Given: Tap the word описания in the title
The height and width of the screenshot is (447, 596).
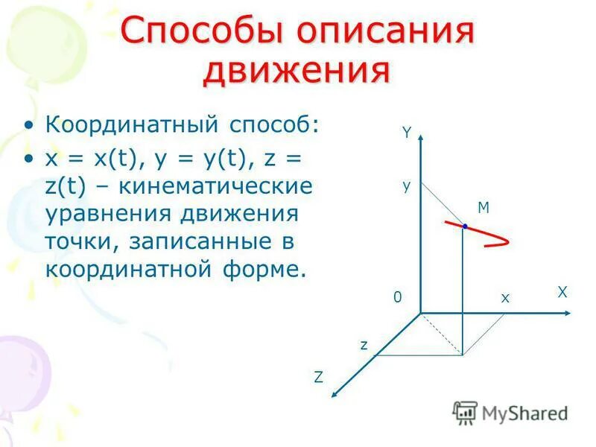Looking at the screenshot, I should click(384, 32).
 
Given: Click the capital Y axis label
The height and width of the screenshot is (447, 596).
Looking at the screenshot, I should click(407, 133).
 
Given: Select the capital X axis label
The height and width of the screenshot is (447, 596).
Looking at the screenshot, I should click(562, 293).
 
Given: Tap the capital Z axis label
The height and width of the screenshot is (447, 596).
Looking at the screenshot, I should click(318, 377).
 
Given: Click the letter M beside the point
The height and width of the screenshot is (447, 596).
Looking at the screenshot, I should click(484, 208).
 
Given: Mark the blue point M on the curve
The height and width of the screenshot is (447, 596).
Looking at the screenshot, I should click(464, 226).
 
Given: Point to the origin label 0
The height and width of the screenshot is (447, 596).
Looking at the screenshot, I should click(398, 298).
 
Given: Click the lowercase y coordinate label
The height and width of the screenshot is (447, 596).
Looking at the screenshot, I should click(407, 186).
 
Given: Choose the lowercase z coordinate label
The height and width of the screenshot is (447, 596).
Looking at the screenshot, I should click(364, 345).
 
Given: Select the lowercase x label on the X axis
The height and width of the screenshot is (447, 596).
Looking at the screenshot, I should click(504, 298).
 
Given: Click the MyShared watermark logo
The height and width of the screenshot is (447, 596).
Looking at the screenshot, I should click(510, 412).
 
